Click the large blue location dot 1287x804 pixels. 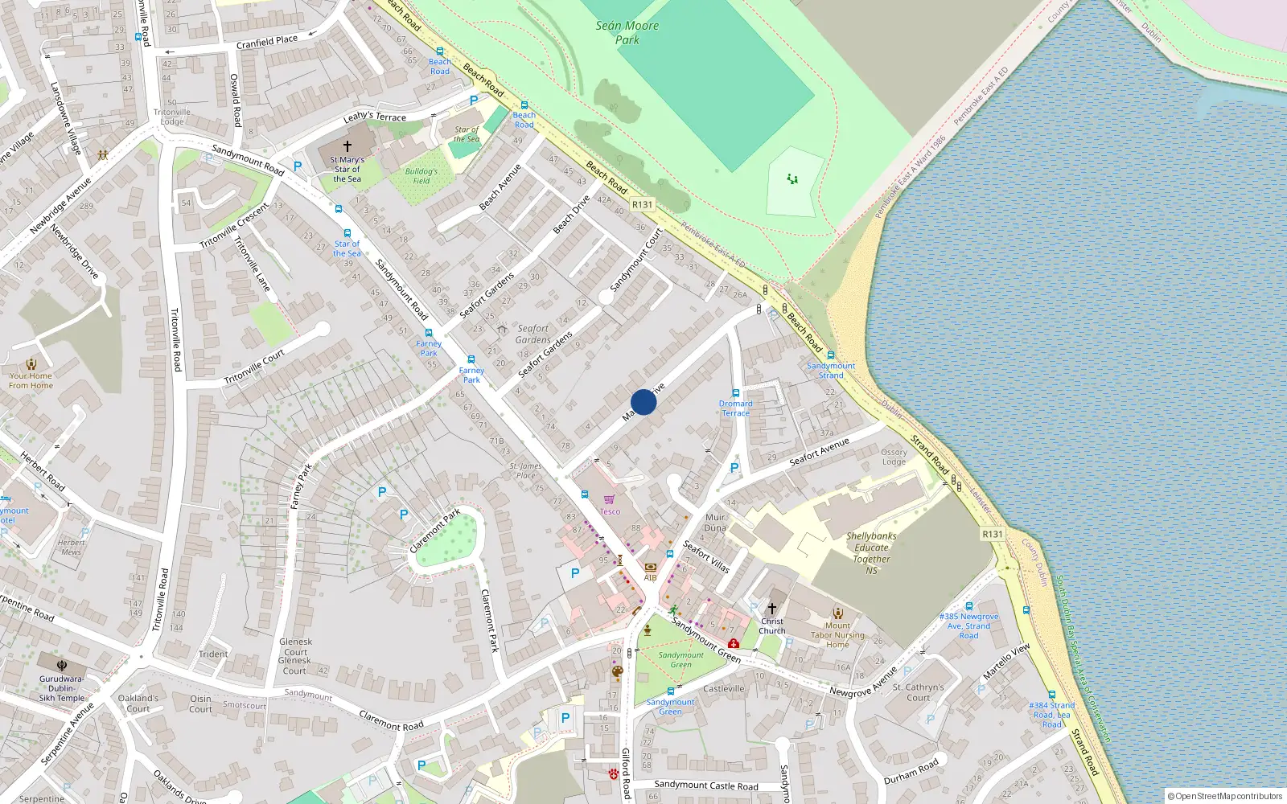(643, 402)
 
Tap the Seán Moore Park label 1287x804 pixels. (627, 32)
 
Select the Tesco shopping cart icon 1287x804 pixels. (609, 500)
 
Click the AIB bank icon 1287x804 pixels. (650, 568)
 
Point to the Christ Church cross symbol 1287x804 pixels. (772, 609)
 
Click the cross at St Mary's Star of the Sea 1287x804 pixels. (347, 146)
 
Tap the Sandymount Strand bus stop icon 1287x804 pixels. (831, 355)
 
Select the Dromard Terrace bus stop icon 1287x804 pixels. (735, 393)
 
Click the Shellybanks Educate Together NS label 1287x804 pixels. (871, 553)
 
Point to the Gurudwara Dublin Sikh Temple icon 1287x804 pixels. (62, 666)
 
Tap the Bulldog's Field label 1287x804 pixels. (421, 175)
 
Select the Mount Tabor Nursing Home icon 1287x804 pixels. (837, 613)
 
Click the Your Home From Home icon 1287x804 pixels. (31, 364)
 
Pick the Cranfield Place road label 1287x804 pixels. (267, 41)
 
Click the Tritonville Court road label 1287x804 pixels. (254, 367)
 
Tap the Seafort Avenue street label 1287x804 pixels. (819, 452)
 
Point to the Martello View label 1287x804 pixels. (1006, 662)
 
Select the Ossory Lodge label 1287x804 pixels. (894, 457)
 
